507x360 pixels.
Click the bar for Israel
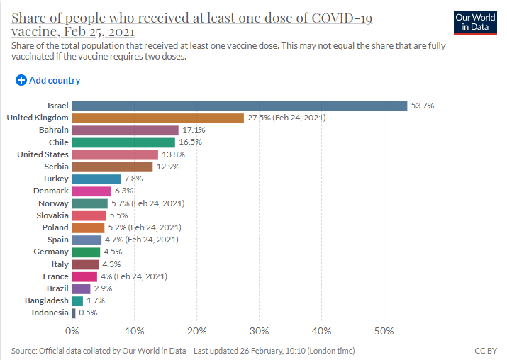240,106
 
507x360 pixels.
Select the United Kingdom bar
157,118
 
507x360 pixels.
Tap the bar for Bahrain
126,130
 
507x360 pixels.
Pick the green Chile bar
123,142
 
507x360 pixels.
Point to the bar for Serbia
112,167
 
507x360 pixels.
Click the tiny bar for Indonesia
74,313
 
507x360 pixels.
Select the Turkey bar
96,179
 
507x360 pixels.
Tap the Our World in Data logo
474,22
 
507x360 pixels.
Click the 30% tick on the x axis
260,331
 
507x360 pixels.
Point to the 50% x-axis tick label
384,331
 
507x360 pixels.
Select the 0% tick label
72,331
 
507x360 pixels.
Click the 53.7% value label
423,106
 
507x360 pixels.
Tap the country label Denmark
51,191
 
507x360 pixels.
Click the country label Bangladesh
46,300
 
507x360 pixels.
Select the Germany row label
51,252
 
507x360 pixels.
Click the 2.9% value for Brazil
104,288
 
